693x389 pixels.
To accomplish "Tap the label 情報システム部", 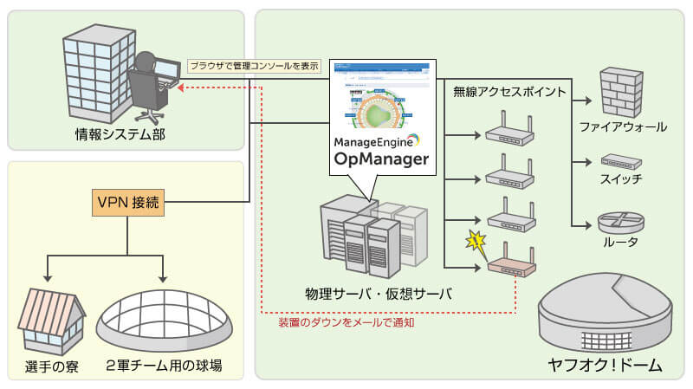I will [x=120, y=134].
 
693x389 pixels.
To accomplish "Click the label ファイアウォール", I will [x=623, y=127].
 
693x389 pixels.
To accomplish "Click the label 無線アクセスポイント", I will [x=508, y=91].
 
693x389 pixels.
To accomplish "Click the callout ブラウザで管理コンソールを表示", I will [x=254, y=65].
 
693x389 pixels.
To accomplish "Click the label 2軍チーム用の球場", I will [x=165, y=366].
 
